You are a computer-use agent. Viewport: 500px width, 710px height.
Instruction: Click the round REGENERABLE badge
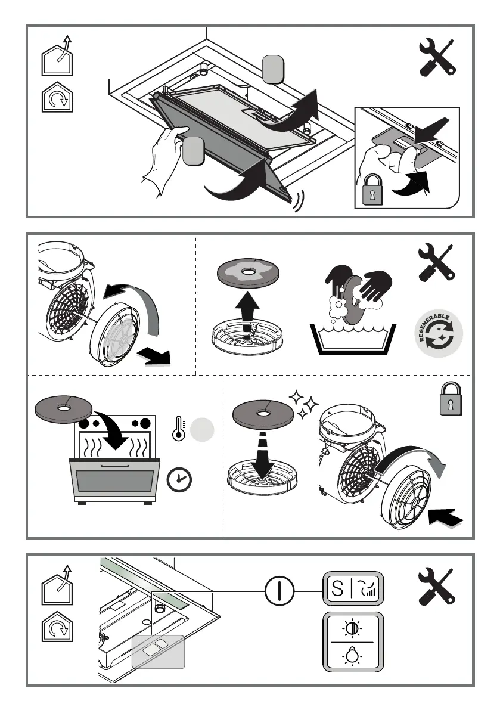pos(439,334)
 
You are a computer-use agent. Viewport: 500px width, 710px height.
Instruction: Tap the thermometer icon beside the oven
pos(179,429)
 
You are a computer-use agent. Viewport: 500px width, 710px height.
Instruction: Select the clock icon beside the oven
pos(179,479)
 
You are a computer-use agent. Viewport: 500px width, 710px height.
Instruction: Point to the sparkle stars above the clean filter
pos(303,404)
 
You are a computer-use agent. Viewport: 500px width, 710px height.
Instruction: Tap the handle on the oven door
pos(115,466)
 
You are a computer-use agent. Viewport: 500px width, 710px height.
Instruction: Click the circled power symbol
pos(279,591)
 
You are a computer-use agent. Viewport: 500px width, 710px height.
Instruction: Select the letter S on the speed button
pos(337,588)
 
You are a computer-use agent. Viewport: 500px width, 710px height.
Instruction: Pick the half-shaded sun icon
pos(352,628)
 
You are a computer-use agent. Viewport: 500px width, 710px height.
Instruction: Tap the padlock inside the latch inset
pos(372,189)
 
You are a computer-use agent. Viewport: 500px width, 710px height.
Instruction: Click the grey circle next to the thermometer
pos(202,430)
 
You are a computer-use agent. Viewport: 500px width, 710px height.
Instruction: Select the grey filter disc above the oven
pos(63,409)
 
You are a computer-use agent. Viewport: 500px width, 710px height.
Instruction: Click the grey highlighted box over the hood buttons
pos(159,652)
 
